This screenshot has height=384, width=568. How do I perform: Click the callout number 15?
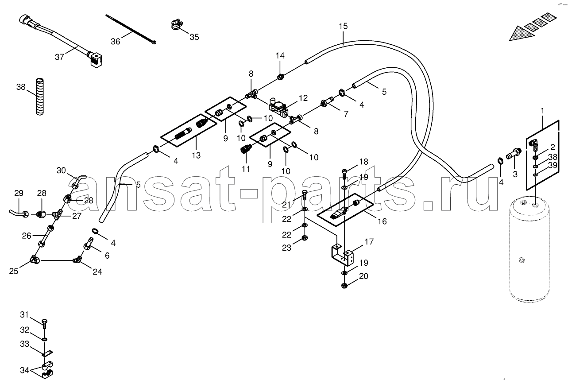(343, 26)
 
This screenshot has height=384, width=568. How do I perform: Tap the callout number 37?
(59, 57)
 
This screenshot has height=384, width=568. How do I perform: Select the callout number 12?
(303, 98)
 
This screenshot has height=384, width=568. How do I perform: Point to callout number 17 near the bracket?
(369, 242)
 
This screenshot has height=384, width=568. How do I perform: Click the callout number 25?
(14, 271)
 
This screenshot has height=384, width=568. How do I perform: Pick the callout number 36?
(116, 41)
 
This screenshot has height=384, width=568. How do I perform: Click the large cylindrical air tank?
(529, 250)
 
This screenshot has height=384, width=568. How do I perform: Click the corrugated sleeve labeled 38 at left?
(39, 97)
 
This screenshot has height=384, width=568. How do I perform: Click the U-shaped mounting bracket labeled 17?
(342, 256)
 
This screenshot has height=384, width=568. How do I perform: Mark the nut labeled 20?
(344, 286)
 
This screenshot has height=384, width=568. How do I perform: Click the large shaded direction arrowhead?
(522, 34)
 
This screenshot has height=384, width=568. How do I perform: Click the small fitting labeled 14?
(280, 77)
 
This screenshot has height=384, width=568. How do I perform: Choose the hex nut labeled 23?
(305, 238)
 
